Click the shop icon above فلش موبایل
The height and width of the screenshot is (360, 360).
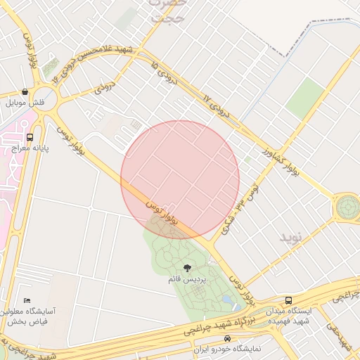25,92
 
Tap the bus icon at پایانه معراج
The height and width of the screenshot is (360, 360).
30,137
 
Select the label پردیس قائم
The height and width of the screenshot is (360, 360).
187,279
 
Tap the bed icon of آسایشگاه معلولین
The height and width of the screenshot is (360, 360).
27,300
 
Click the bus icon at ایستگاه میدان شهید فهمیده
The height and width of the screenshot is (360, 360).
288,300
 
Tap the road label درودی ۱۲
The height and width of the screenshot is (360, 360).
217,105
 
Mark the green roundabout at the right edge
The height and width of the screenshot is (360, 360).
347,207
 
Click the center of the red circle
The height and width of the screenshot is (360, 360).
180,179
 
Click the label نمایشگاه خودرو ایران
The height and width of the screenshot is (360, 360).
232,349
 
